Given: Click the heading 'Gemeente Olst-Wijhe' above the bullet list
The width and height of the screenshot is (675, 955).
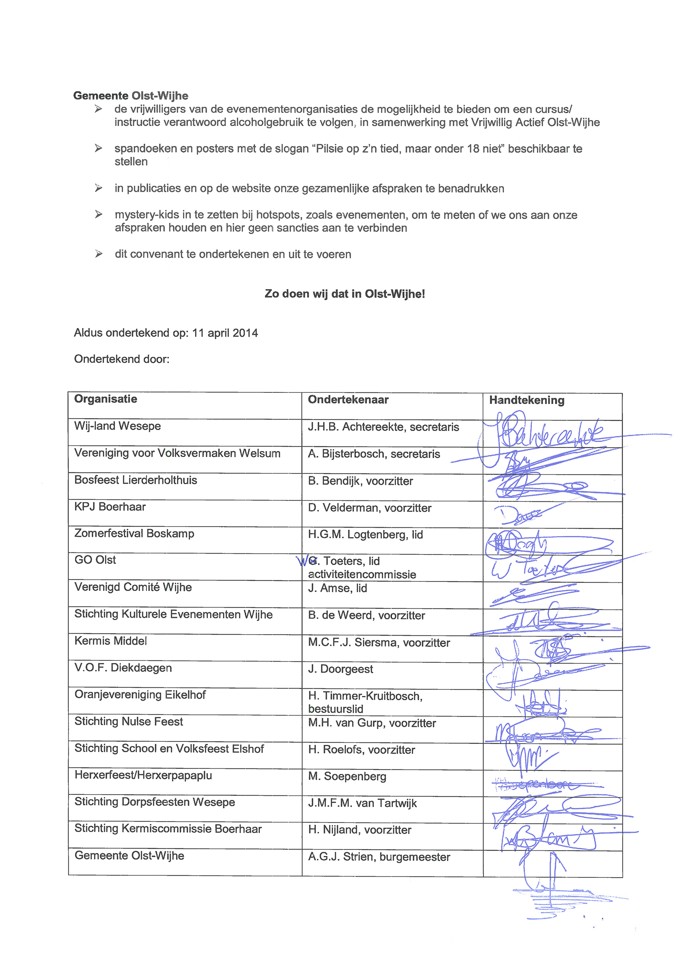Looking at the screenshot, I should (131, 96).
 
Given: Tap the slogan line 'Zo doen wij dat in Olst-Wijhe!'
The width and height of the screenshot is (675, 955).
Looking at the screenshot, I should (345, 294).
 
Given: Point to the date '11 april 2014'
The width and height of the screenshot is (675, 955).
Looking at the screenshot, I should (225, 333).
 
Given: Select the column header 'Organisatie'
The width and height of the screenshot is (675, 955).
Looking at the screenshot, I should (105, 399).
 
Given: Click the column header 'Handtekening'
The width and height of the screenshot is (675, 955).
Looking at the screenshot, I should (527, 401).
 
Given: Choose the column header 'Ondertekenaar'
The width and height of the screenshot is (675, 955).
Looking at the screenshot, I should (348, 400).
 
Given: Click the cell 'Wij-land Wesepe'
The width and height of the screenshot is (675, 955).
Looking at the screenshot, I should (117, 426).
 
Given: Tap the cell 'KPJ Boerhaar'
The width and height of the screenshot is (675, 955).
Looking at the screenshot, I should (110, 507).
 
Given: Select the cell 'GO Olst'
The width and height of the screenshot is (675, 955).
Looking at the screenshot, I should (95, 560).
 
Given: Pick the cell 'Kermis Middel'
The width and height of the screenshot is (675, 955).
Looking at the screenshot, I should (111, 641).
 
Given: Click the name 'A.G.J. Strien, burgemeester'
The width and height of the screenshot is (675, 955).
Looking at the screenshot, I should (379, 857).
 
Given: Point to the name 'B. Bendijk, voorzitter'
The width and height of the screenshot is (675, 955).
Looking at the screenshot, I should (360, 481).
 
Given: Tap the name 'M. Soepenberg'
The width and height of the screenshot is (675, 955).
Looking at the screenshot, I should (347, 777).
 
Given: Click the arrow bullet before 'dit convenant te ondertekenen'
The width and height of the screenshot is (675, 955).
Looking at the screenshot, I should (99, 254).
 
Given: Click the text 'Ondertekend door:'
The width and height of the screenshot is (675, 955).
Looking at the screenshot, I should (122, 359).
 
